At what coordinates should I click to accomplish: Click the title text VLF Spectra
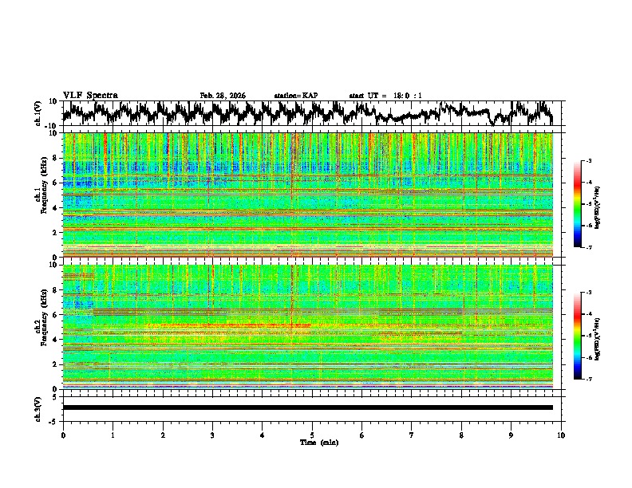(x=90, y=95)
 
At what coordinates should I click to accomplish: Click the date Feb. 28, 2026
(x=223, y=96)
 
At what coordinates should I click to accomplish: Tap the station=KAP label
(x=295, y=96)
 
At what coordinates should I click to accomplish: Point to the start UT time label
(x=385, y=96)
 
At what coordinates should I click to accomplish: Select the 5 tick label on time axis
(x=312, y=435)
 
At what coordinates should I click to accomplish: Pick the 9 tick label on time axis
(x=512, y=435)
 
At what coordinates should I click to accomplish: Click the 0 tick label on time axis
(x=63, y=435)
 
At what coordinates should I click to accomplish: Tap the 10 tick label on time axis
(x=561, y=435)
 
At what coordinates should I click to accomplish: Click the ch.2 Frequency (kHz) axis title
(x=41, y=326)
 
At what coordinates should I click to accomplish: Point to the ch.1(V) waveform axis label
(x=38, y=113)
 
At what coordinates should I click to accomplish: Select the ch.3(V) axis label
(x=38, y=407)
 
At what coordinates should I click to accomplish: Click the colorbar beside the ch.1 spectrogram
(x=579, y=205)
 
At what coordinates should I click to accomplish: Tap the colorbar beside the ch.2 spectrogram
(x=579, y=336)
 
